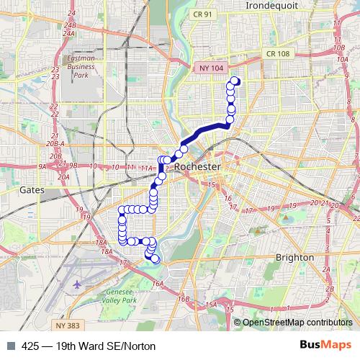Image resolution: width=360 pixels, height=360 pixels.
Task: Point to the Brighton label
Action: tap(294, 257)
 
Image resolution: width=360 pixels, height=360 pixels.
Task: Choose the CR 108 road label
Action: tap(276, 54)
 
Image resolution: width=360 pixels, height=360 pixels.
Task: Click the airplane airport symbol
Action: tap(78, 284)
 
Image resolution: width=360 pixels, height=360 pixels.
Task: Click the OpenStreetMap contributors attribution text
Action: tap(297, 322)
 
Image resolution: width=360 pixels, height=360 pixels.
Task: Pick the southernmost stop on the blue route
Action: tap(155, 259)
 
